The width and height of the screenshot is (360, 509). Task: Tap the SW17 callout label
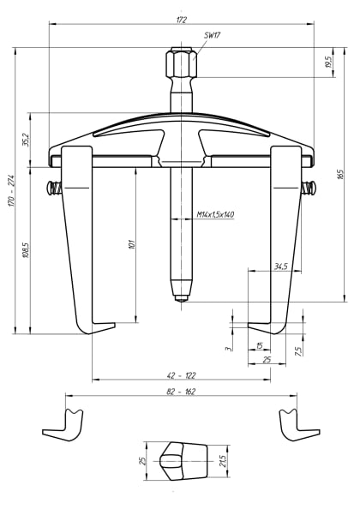(x=214, y=37)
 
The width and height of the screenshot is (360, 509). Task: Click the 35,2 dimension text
(x=25, y=139)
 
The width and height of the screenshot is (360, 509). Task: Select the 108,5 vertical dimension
(x=25, y=249)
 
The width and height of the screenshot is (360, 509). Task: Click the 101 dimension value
(x=130, y=244)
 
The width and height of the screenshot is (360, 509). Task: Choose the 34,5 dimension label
(x=280, y=266)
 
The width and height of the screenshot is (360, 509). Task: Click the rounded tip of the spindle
(x=180, y=296)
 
